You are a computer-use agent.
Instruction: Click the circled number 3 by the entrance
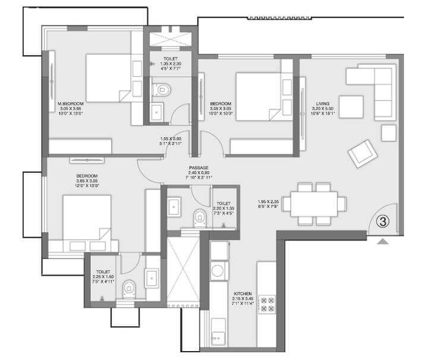point(383,222)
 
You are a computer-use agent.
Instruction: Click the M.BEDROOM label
point(71,103)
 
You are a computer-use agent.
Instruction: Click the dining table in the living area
point(315,204)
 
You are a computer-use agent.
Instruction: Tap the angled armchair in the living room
point(362,153)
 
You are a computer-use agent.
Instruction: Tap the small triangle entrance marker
point(382,241)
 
